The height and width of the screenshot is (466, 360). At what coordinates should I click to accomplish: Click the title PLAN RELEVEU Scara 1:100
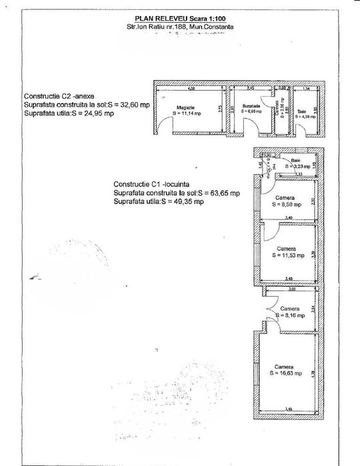[179, 20]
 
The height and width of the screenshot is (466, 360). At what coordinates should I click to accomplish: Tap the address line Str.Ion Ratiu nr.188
[179, 27]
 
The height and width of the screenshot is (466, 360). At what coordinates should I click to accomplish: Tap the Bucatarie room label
[251, 106]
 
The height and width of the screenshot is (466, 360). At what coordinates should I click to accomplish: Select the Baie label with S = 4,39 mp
[302, 111]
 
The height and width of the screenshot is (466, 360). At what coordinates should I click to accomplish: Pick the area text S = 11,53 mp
[286, 255]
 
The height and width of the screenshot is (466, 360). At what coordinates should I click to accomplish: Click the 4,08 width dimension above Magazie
[191, 88]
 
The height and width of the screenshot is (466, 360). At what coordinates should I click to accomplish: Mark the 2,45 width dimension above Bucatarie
[251, 88]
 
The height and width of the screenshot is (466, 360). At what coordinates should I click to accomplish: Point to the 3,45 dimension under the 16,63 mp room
[287, 409]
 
